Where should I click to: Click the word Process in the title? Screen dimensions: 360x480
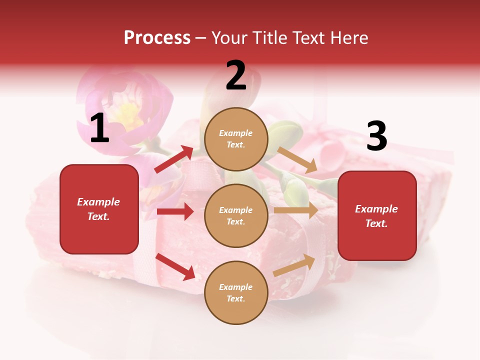[x=157, y=37]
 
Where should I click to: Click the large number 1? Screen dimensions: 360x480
[x=99, y=128]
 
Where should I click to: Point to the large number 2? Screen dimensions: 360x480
[x=236, y=75]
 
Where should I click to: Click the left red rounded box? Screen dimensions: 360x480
[x=99, y=209]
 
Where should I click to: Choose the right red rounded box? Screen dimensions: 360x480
[x=377, y=216]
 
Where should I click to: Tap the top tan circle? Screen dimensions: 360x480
[x=236, y=139]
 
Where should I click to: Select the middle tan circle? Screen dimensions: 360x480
[x=236, y=215]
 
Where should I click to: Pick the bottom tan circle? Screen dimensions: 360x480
[x=236, y=292]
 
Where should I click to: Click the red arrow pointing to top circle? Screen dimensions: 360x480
[x=174, y=159]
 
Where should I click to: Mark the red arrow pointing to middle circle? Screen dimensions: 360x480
[x=175, y=211]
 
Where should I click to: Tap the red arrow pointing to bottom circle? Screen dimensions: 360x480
[x=175, y=266]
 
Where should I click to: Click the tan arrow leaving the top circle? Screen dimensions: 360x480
[x=297, y=158]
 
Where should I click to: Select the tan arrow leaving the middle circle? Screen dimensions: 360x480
[x=295, y=210]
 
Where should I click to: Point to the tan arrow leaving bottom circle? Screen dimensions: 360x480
[x=294, y=265]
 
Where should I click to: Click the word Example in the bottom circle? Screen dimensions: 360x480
[x=236, y=287]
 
